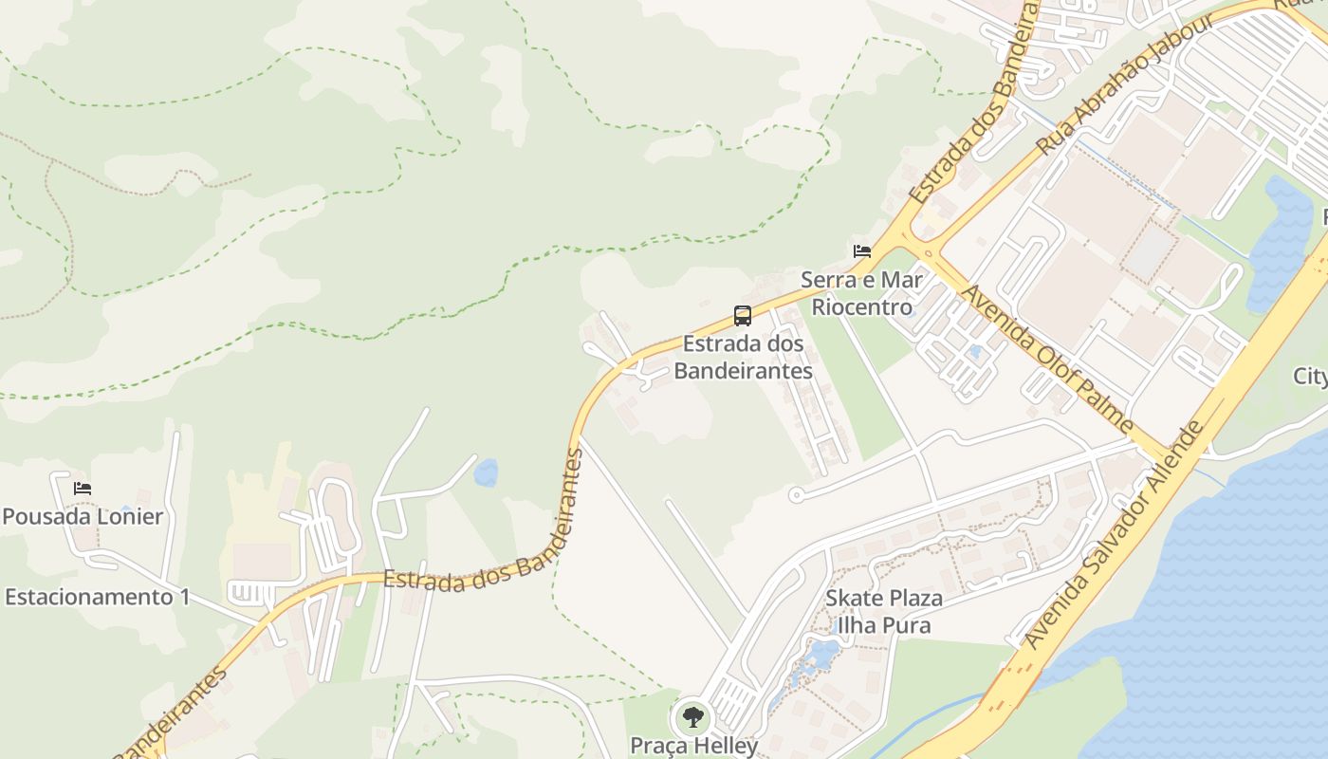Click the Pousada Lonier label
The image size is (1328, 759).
[83, 517]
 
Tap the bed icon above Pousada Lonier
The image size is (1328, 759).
[83, 489]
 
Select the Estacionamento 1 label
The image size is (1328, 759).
[98, 597]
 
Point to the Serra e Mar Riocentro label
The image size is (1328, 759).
[861, 293]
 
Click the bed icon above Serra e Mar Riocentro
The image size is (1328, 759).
[861, 251]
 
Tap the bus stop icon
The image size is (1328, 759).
[743, 316]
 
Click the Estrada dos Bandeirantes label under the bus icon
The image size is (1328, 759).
[744, 357]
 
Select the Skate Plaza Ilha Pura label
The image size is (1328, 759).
[884, 612]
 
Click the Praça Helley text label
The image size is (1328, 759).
[694, 746]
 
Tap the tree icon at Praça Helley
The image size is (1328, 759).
[693, 717]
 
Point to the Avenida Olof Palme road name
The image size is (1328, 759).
[1047, 356]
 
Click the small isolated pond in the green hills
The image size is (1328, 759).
[486, 472]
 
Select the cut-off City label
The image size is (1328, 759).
[1311, 377]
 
